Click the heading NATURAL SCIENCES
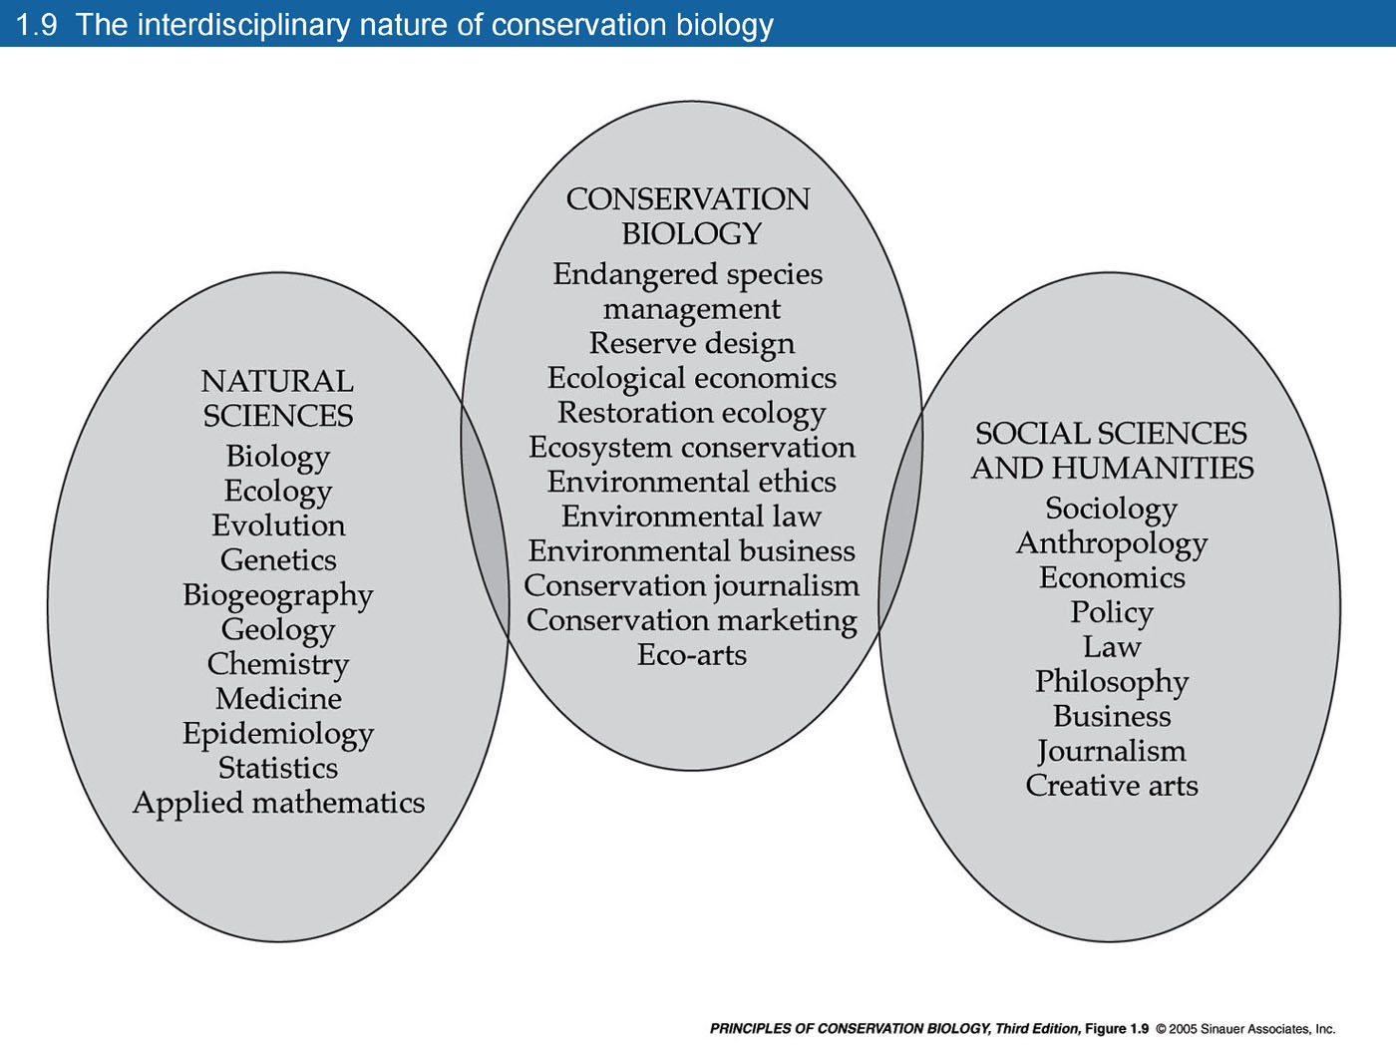point(277,399)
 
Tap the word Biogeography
point(277,596)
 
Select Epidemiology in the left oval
point(278,735)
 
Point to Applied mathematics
point(278,804)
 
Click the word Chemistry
point(278,665)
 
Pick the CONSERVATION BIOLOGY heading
point(688,216)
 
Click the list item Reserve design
point(692,344)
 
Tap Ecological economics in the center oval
point(692,378)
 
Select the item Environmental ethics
point(692,482)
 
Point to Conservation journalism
point(692,586)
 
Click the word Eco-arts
point(692,655)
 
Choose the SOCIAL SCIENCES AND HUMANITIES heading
point(1112,451)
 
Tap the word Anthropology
point(1112,544)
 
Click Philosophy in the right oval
point(1112,683)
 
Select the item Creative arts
point(1112,786)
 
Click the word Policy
point(1112,613)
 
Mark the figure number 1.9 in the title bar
point(36,25)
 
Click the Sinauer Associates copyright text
point(1244,1029)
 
